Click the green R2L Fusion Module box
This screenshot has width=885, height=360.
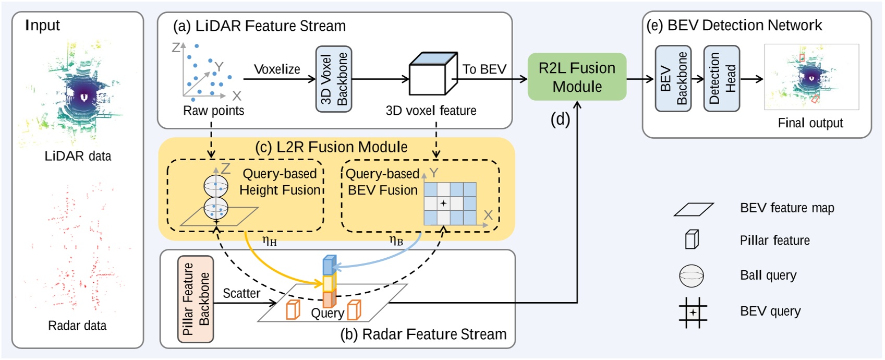pyautogui.click(x=577, y=77)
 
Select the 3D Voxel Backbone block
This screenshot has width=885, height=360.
pyautogui.click(x=334, y=79)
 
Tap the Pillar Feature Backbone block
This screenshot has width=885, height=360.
pyautogui.click(x=196, y=299)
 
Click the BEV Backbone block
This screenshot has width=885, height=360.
pyautogui.click(x=673, y=79)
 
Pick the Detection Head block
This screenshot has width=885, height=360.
pyautogui.click(x=721, y=79)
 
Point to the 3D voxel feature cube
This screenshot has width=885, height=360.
pyautogui.click(x=432, y=75)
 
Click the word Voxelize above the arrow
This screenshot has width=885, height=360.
pyautogui.click(x=277, y=69)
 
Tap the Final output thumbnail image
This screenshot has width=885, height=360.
pyautogui.click(x=811, y=77)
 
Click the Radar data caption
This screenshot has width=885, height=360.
pyautogui.click(x=77, y=326)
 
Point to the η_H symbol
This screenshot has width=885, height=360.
pyautogui.click(x=270, y=241)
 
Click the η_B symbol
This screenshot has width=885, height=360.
pyautogui.click(x=396, y=241)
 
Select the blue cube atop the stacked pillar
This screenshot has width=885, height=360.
pyautogui.click(x=329, y=265)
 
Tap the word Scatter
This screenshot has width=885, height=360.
pyautogui.click(x=241, y=293)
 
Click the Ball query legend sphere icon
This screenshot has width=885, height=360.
pyautogui.click(x=692, y=275)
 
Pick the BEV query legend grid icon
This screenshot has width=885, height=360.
pyautogui.click(x=693, y=312)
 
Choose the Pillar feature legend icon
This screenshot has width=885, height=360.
pyautogui.click(x=692, y=239)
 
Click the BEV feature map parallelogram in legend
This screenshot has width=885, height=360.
pyautogui.click(x=694, y=209)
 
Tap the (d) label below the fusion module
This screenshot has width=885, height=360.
pyautogui.click(x=560, y=119)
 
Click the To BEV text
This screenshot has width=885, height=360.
pyautogui.click(x=484, y=69)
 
